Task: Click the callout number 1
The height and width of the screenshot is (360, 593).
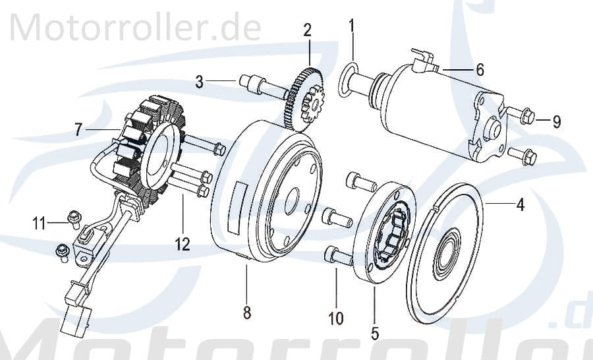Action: pyautogui.click(x=352, y=26)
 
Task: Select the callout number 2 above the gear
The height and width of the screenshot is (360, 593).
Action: pyautogui.click(x=307, y=30)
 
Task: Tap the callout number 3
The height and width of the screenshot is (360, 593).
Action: pyautogui.click(x=199, y=82)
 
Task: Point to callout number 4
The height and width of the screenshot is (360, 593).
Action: pyautogui.click(x=520, y=205)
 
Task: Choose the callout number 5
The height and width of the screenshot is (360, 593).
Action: pyautogui.click(x=375, y=333)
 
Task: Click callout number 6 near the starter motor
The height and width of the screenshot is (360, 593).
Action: pyautogui.click(x=480, y=69)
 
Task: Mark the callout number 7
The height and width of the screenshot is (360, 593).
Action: pyautogui.click(x=78, y=130)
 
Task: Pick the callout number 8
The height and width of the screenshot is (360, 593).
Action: pyautogui.click(x=247, y=313)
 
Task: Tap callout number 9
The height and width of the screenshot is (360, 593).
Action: pyautogui.click(x=556, y=121)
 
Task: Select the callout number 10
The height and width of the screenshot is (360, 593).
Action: pyautogui.click(x=336, y=319)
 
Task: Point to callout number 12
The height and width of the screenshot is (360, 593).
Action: pyautogui.click(x=183, y=245)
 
